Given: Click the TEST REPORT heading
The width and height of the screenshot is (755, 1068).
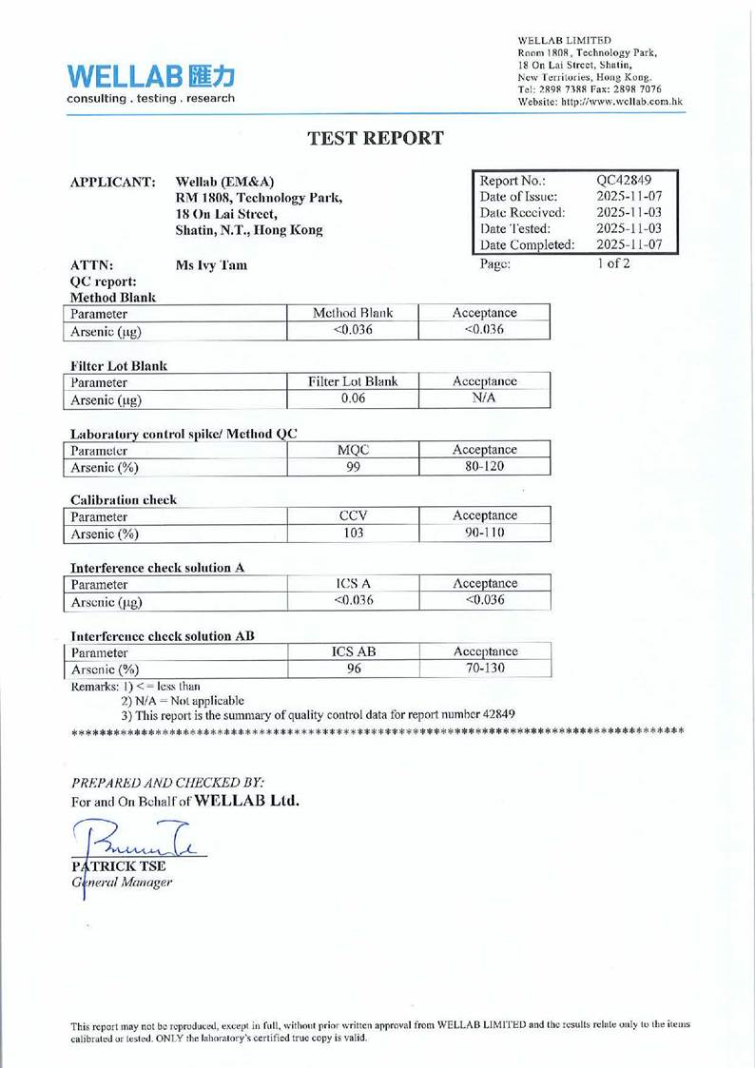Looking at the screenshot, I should point(377,138).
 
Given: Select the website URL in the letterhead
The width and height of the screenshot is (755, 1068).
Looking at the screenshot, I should point(599,102).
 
